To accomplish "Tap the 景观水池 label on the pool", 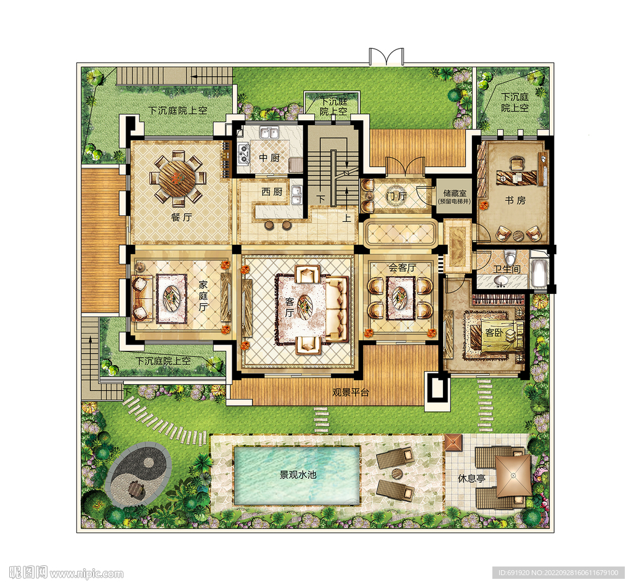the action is coord(298,475).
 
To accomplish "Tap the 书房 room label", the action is coord(515,200).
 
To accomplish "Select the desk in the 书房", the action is coord(517,177).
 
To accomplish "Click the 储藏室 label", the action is coord(455,193).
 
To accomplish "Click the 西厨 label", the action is coord(272,192).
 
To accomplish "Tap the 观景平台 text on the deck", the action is coord(351,392).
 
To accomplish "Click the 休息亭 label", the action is coord(471,478).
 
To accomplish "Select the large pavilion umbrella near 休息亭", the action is coord(513,475).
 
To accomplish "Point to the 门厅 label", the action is coord(397,196).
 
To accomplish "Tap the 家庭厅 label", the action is coord(203,295).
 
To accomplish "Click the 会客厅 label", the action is coord(402,268).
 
